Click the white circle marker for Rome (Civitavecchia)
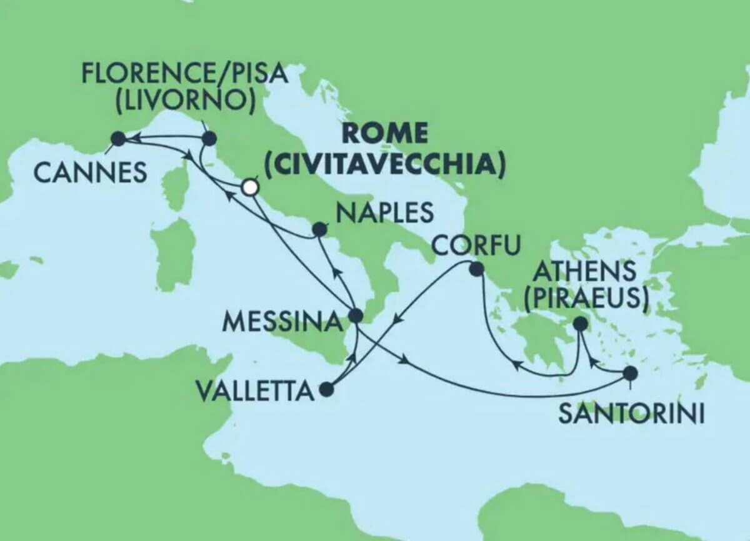coord(250,187)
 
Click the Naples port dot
coord(319,230)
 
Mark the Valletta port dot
coord(326,390)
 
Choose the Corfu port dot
coord(476,270)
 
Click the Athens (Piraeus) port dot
coord(580,324)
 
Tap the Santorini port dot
coord(630,374)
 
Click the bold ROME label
coord(386,133)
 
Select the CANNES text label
coord(90,172)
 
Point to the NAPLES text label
coord(384,213)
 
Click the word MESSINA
coord(282,322)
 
